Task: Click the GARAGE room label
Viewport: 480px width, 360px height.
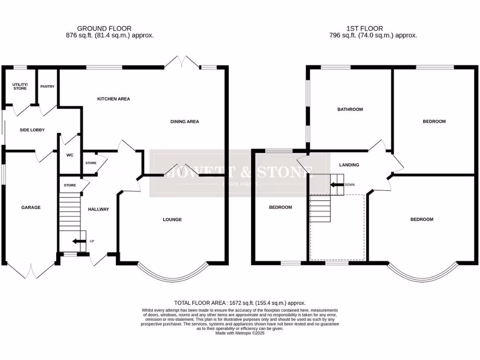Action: click(31, 208)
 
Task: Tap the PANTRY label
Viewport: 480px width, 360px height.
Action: click(47, 87)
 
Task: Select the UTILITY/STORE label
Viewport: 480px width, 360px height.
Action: click(20, 86)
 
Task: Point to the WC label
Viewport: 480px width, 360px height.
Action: click(70, 155)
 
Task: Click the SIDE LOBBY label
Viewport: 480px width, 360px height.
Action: click(32, 130)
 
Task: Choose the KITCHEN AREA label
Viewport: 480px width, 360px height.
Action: click(113, 99)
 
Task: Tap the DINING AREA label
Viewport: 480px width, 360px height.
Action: click(185, 121)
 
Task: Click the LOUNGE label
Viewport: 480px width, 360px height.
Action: click(172, 219)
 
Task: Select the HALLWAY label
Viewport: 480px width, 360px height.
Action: click(98, 210)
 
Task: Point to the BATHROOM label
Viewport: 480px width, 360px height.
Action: click(350, 109)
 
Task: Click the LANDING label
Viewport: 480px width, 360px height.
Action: click(349, 165)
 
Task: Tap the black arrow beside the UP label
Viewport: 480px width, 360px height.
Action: click(79, 241)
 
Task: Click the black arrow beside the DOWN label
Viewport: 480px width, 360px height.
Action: click(337, 185)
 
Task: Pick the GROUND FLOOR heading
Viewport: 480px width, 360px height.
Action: click(104, 29)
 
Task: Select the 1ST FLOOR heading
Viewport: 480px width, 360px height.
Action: click(365, 29)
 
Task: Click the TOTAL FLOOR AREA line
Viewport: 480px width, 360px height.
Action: click(240, 303)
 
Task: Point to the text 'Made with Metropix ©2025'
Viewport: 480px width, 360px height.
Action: click(240, 333)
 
